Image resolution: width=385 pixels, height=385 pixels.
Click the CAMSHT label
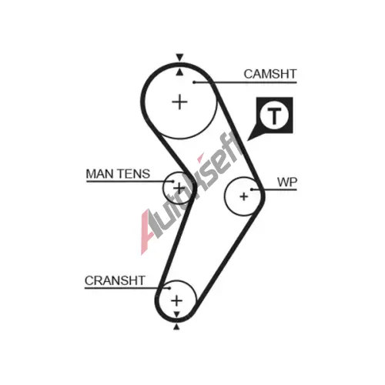click(x=270, y=74)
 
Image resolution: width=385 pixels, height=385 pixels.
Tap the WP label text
click(x=287, y=182)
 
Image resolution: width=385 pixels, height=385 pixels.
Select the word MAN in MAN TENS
click(x=99, y=174)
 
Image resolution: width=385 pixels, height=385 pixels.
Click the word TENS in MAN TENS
click(x=133, y=174)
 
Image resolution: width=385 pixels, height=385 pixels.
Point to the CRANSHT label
click(x=115, y=280)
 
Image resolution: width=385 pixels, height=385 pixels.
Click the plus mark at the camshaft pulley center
click(x=179, y=102)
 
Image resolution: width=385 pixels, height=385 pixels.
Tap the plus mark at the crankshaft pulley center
click(x=176, y=300)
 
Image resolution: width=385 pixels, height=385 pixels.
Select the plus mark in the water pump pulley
click(x=244, y=196)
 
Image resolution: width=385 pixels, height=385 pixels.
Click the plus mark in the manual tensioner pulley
click(x=179, y=188)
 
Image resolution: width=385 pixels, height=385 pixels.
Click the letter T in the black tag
click(x=274, y=115)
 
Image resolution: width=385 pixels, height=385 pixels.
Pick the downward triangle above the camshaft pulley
click(x=179, y=58)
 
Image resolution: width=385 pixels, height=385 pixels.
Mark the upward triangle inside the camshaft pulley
click(x=179, y=72)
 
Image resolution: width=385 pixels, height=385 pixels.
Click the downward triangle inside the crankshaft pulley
click(x=176, y=314)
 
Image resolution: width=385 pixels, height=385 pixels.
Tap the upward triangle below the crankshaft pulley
click(x=176, y=326)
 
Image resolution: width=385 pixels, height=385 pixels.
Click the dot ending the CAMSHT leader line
click(x=195, y=82)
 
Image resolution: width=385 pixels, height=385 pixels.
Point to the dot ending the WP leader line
click(x=252, y=189)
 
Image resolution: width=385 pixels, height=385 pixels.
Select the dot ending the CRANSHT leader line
click(x=169, y=288)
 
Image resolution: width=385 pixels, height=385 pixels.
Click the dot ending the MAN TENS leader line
click(x=172, y=181)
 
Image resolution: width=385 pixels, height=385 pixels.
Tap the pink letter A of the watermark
click(x=149, y=231)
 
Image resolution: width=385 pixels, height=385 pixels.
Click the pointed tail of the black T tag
click(x=248, y=140)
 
